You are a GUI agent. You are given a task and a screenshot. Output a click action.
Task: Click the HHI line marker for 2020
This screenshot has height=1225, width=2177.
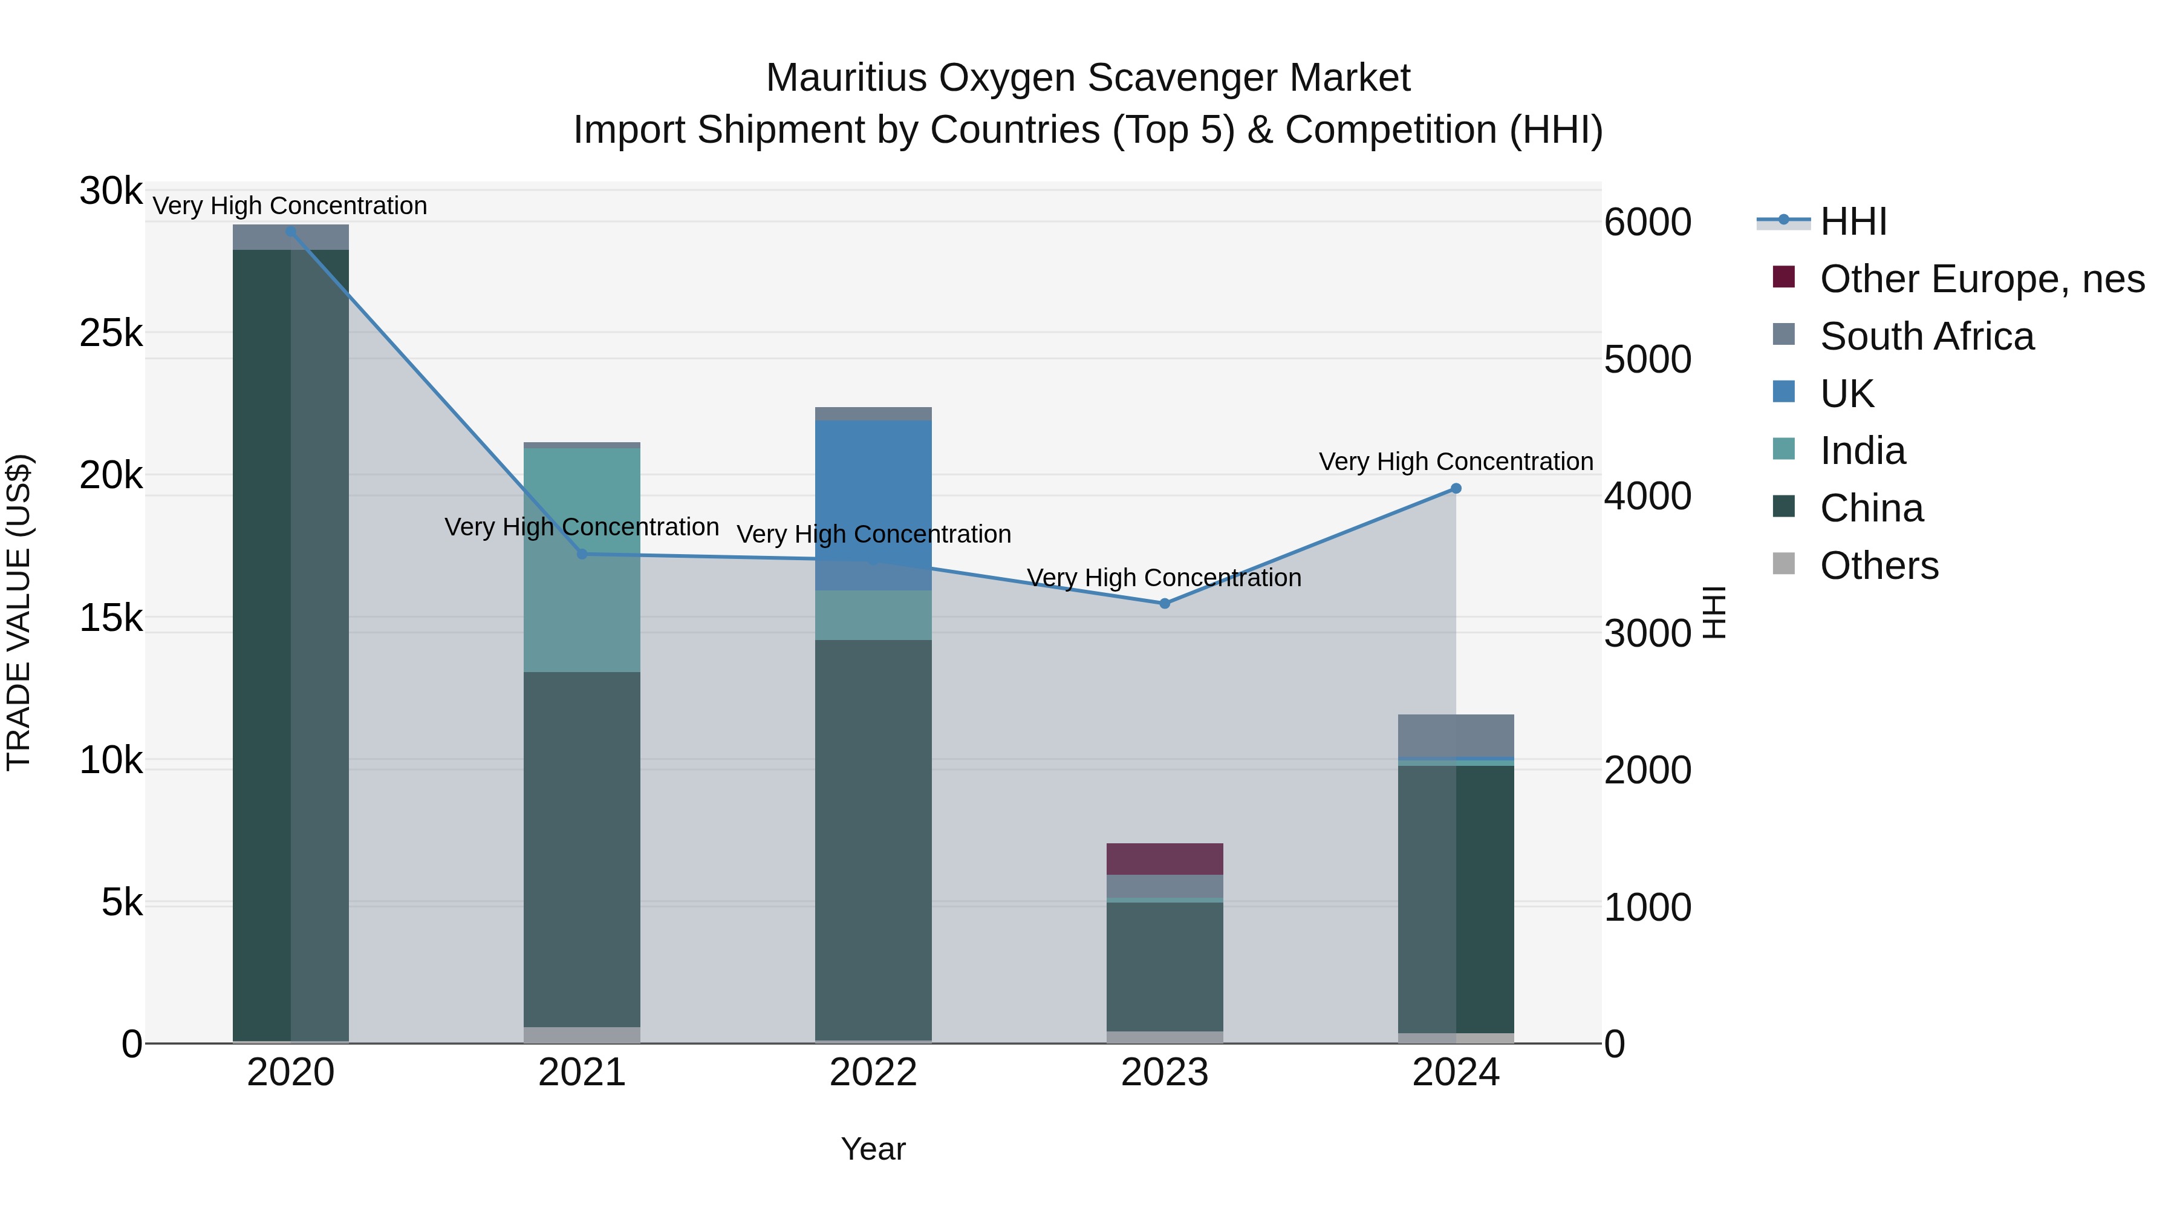click(291, 231)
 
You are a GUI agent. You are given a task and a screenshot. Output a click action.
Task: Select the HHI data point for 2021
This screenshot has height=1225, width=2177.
click(581, 554)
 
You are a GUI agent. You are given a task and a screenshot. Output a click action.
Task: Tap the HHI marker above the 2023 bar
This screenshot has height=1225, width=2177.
click(1165, 604)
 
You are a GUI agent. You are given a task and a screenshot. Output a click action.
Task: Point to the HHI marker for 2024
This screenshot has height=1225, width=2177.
click(1456, 489)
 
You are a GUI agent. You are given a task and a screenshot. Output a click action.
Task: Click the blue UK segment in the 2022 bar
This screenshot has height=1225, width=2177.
click(873, 491)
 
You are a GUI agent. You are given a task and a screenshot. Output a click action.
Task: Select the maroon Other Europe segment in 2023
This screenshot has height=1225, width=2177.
click(1165, 859)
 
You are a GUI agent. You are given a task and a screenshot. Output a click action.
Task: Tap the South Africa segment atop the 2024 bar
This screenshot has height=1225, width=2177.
click(1456, 734)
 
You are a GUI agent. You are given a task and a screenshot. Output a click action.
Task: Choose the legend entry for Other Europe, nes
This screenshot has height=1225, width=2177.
click(1981, 279)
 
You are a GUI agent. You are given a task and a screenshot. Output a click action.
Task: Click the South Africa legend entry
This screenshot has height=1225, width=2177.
click(1926, 336)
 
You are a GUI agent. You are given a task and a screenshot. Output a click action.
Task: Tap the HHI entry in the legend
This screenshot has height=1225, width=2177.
click(1852, 221)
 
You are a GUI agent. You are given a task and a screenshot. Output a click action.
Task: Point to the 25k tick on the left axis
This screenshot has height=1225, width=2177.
click(111, 334)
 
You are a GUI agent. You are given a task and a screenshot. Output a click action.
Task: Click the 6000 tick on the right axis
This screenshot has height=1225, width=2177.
click(1647, 223)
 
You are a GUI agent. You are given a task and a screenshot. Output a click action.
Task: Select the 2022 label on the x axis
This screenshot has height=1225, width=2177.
click(873, 1073)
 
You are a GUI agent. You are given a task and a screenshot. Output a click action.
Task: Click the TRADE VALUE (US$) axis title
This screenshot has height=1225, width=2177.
click(19, 612)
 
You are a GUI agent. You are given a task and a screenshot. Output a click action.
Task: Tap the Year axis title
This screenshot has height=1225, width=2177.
click(873, 1149)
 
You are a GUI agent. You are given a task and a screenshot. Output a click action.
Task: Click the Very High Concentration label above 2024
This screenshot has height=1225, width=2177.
click(1456, 462)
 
